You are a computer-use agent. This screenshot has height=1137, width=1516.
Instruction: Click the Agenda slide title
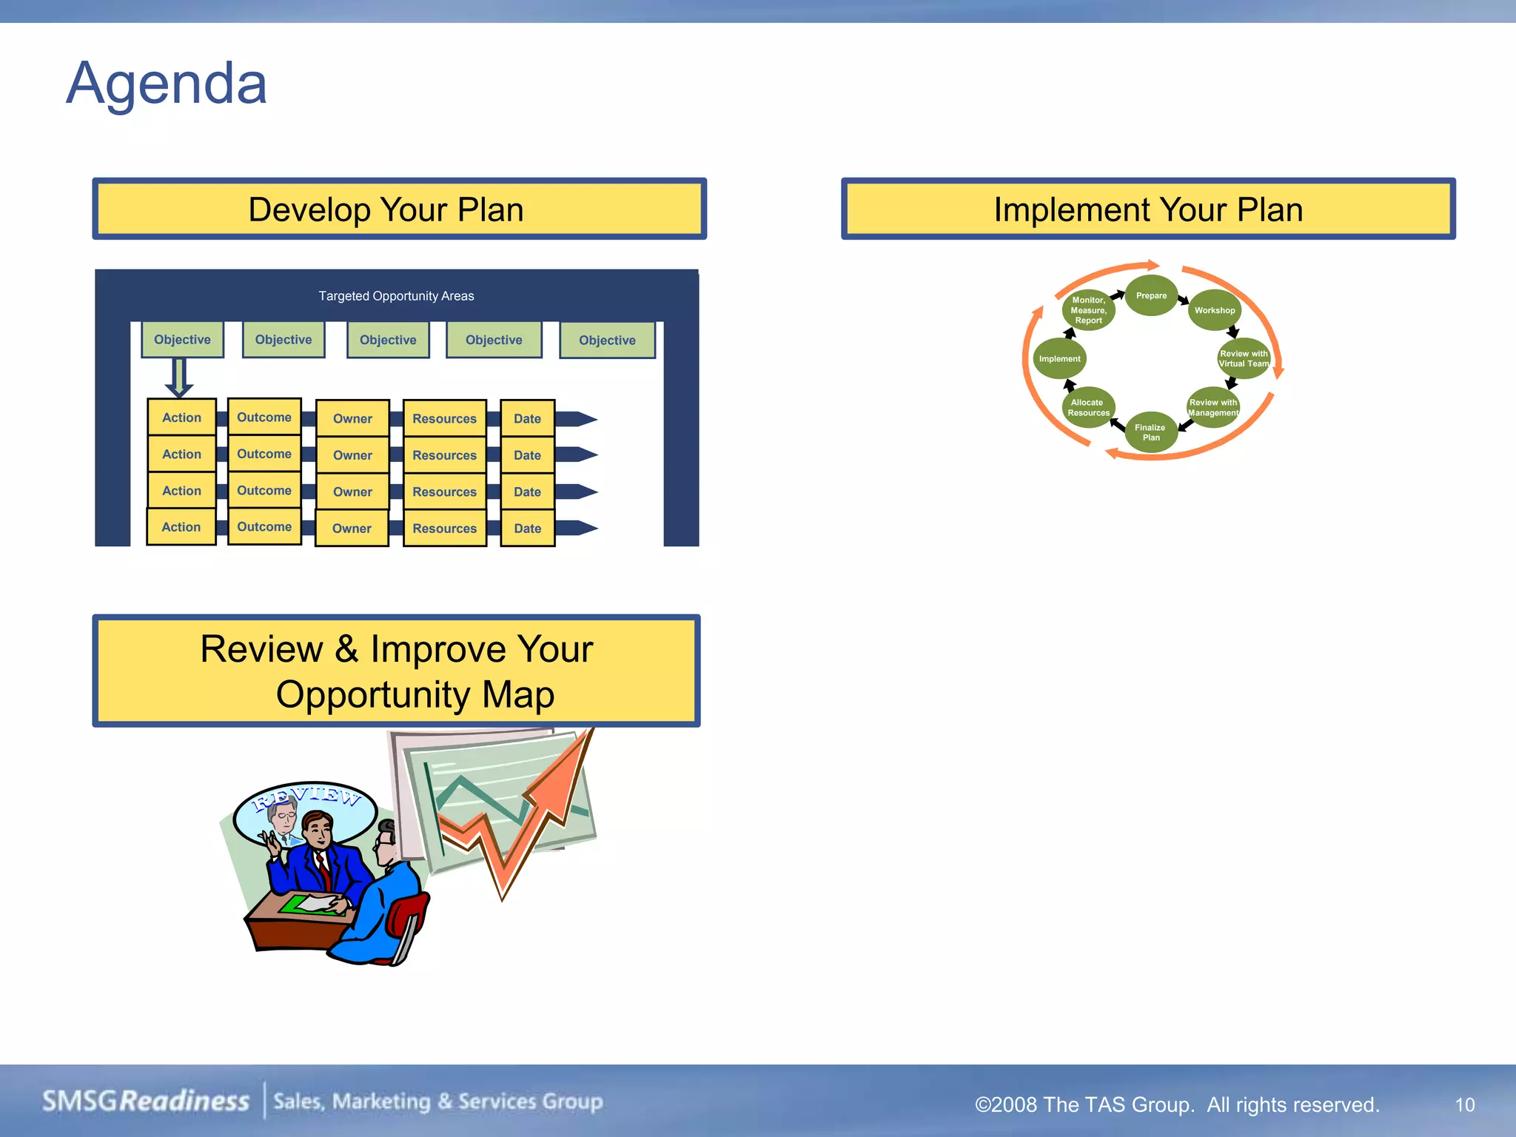[167, 84]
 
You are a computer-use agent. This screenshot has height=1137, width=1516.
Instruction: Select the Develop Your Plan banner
[399, 209]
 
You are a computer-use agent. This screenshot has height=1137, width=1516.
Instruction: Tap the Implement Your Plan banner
[1147, 209]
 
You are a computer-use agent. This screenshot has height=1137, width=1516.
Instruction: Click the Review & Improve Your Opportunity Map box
[396, 671]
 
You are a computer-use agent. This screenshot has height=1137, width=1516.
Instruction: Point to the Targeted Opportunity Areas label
[396, 296]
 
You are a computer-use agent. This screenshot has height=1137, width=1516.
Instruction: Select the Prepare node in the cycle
[1151, 295]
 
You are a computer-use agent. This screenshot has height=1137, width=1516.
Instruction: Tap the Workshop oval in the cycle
[1214, 310]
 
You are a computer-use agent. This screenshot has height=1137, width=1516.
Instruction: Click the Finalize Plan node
[1150, 432]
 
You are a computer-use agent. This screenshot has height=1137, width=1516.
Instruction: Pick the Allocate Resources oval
[1088, 408]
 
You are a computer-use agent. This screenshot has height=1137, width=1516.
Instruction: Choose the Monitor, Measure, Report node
[1088, 310]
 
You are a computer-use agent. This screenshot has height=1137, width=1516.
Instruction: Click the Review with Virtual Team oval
[1244, 359]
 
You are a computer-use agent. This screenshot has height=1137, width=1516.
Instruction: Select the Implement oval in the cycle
[1059, 359]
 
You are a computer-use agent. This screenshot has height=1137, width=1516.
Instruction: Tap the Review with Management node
[1213, 408]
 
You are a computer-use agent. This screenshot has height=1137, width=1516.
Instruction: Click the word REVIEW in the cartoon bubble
[306, 798]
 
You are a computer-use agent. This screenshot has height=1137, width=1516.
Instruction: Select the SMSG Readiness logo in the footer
[146, 1101]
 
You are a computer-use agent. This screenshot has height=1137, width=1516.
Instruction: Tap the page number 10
[1464, 1105]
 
